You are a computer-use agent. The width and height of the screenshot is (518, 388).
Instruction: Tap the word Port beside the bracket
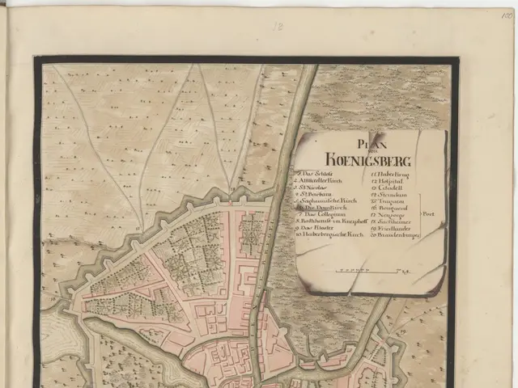pos(429,215)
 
